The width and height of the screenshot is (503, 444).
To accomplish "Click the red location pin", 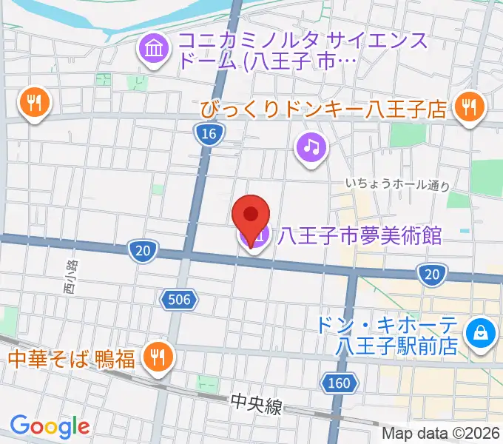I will (251, 216).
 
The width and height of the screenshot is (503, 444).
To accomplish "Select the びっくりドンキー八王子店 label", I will (324, 110).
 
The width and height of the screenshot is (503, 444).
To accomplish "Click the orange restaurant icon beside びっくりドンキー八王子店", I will (468, 107).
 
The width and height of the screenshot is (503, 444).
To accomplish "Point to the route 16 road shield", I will (210, 133).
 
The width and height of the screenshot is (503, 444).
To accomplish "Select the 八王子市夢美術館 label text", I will (360, 237).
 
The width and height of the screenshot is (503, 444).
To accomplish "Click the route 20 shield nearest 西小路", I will (143, 252).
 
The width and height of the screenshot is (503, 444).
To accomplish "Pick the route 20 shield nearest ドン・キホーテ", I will (432, 276).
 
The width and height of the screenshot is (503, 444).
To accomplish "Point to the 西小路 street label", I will (70, 276).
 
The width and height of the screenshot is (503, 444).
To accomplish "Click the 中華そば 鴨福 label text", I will (72, 360).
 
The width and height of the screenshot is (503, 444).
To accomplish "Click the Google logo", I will (50, 426).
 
